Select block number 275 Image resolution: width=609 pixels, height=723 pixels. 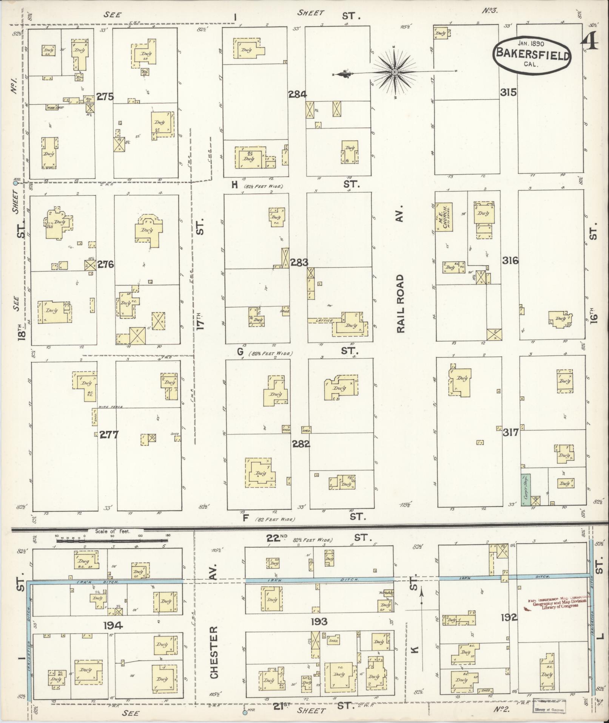(105, 97)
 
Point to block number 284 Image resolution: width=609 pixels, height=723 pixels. (297, 94)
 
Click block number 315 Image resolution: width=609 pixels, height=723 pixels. (508, 92)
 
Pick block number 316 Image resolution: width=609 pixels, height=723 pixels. (510, 260)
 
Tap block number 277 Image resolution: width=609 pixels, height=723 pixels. (109, 435)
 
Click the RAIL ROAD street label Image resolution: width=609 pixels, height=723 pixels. (400, 303)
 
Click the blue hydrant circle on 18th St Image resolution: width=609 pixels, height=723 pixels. (15, 183)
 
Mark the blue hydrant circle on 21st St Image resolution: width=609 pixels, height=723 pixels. (244, 713)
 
